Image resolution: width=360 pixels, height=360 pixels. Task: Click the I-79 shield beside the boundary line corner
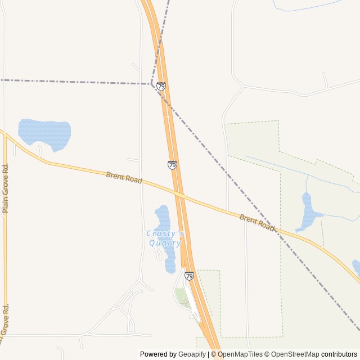(161, 86)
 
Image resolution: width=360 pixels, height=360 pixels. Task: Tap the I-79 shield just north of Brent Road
(172, 165)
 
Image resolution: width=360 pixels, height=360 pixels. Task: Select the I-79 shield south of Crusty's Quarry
(189, 276)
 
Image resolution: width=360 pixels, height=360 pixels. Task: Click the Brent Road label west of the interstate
(124, 178)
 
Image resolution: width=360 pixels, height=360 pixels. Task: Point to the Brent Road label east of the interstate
(257, 222)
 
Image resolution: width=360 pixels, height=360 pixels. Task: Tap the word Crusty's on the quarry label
(165, 233)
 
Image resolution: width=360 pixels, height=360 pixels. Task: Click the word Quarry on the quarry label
(165, 243)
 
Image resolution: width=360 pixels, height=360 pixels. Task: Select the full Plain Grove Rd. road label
(6, 188)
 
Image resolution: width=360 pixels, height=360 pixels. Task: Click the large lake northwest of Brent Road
(45, 133)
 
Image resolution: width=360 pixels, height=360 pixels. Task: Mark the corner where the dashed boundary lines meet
(151, 84)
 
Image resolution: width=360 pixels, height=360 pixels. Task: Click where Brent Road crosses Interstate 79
(179, 195)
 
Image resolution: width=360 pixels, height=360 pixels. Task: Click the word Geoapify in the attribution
(192, 354)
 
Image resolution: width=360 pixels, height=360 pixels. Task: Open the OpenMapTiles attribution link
(240, 354)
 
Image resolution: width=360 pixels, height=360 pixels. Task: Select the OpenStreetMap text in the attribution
(295, 354)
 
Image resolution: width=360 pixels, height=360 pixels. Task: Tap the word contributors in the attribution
(339, 354)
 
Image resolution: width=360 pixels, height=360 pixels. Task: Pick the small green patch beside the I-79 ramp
(180, 295)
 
